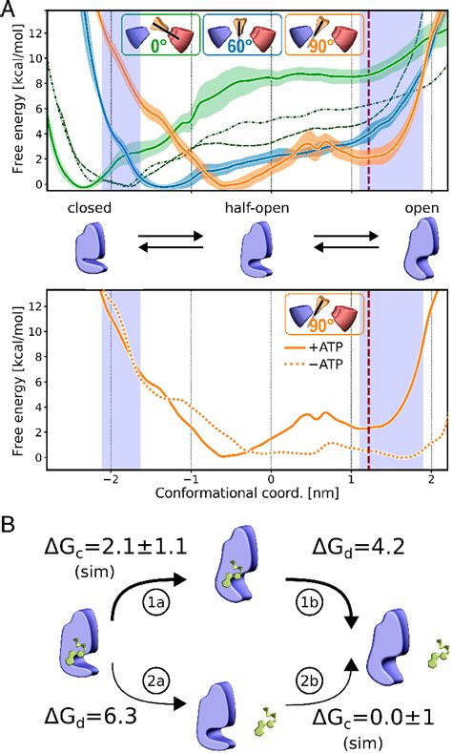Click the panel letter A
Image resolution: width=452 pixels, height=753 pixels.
click(x=10, y=10)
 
